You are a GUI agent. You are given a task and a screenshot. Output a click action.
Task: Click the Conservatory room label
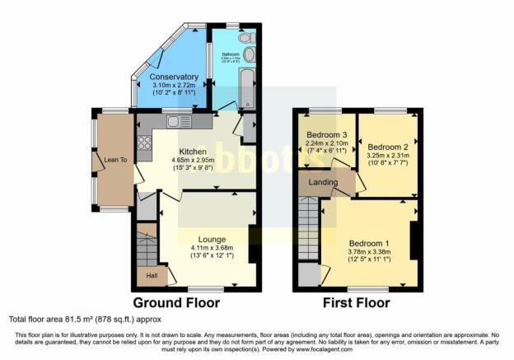tap(168, 78)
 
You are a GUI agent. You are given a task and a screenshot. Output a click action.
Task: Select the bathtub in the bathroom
tap(247, 84)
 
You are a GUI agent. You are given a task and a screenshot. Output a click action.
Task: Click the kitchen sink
tap(175, 122)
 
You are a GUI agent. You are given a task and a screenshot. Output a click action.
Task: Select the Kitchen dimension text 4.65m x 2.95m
tap(193, 159)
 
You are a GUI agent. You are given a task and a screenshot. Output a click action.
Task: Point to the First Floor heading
tap(356, 303)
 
